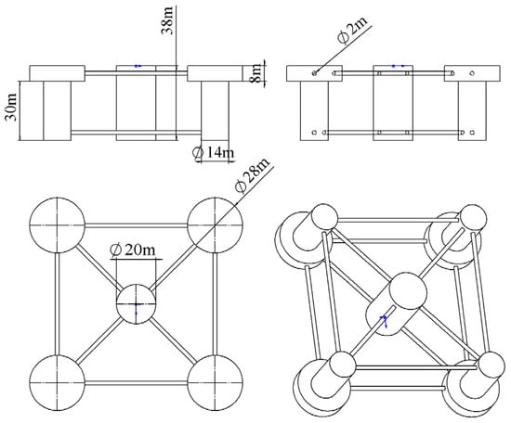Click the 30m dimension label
click(x=12, y=107)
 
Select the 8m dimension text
click(x=256, y=73)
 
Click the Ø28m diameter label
click(x=253, y=175)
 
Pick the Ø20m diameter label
click(x=133, y=250)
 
